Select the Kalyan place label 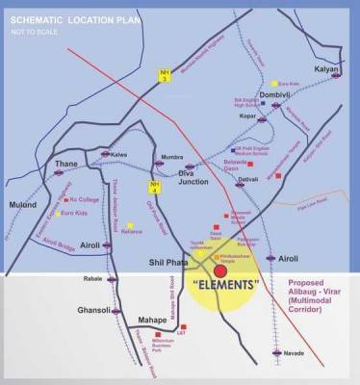[329, 71]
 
